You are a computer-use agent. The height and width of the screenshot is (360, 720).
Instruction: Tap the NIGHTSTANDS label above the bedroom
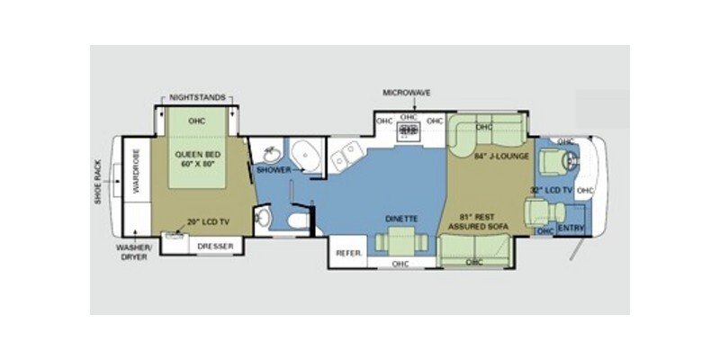pos(198,97)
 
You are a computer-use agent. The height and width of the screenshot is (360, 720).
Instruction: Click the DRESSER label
pos(215,246)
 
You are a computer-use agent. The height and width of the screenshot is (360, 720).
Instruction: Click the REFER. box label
pos(347,254)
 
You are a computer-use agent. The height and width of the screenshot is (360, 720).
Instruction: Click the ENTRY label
pos(571,229)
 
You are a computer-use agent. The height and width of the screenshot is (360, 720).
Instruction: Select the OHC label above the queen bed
pos(197,120)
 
